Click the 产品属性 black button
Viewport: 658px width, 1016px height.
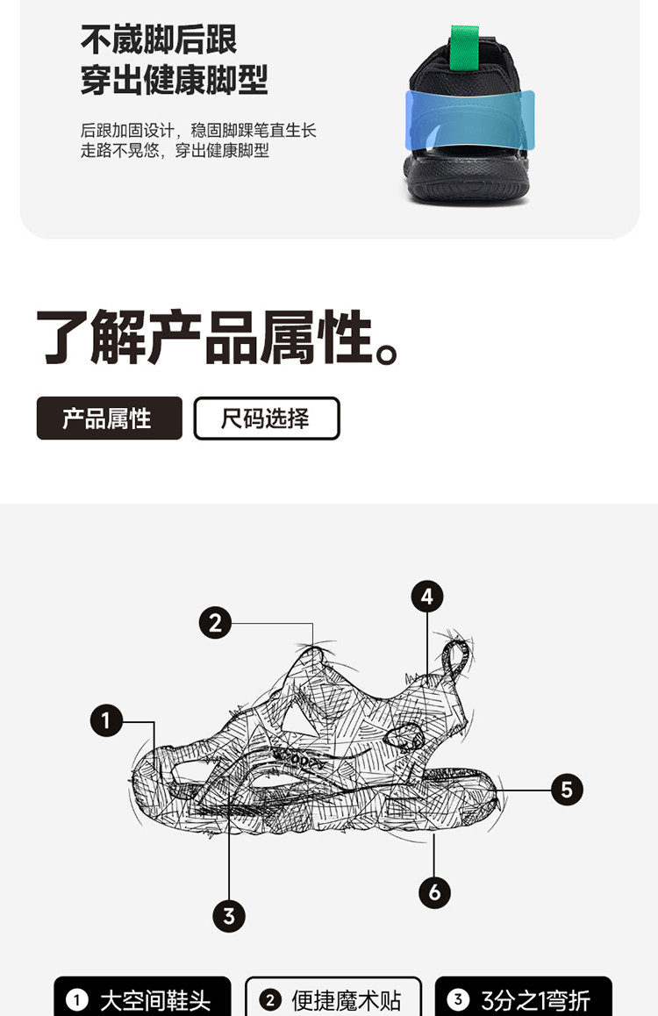110,418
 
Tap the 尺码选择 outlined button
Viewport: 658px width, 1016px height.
266,418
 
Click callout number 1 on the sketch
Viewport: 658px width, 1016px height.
106,720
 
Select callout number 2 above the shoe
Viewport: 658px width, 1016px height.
215,623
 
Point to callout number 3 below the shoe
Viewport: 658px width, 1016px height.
229,916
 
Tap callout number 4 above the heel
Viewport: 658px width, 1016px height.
427,596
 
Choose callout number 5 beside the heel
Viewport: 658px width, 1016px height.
568,790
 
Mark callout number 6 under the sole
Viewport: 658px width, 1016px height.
434,892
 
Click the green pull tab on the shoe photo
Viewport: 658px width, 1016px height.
464,47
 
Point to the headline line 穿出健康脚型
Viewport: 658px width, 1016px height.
175,81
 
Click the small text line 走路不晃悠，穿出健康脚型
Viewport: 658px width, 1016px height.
175,151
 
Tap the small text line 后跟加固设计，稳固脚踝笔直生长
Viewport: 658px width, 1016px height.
198,130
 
